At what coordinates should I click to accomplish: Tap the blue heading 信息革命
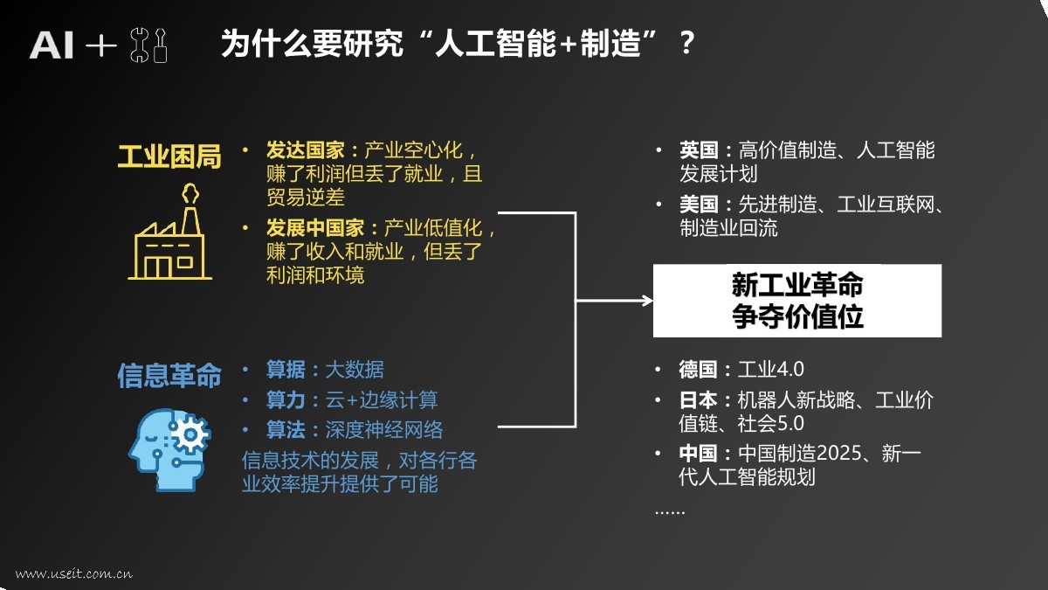169,375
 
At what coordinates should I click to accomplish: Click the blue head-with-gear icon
170,442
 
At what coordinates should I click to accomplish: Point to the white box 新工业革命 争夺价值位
796,301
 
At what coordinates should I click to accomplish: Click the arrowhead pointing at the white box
647,301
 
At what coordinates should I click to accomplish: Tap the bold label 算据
286,370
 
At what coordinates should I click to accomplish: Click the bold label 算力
286,400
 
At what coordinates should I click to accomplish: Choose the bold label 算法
286,430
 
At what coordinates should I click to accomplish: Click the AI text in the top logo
52,45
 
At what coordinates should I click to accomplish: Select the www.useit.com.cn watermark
73,574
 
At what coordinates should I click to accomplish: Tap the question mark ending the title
686,44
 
